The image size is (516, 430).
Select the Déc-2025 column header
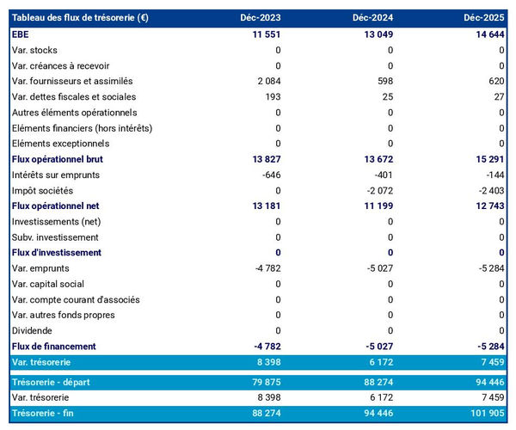pos(484,18)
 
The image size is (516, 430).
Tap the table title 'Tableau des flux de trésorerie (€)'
pos(80,18)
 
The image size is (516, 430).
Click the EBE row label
pos(21,34)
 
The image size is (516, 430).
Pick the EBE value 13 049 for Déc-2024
pos(374,34)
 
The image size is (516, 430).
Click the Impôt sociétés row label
pos(42,190)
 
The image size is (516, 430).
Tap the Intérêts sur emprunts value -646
pos(268,175)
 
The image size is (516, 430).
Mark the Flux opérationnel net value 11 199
pos(375,206)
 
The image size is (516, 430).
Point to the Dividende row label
pos(33,330)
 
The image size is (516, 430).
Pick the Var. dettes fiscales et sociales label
pos(74,96)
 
